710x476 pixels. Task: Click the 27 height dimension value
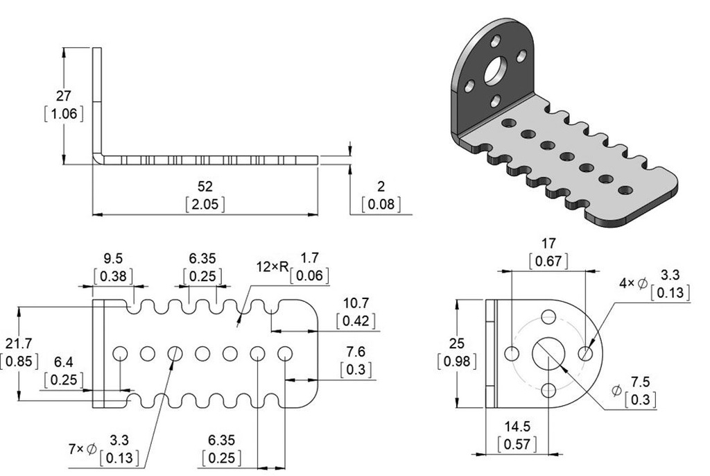[63, 96]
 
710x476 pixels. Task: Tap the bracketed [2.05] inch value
[205, 204]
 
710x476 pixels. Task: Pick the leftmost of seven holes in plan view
[120, 353]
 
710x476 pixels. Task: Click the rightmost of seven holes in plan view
[284, 353]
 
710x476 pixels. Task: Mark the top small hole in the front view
[548, 317]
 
